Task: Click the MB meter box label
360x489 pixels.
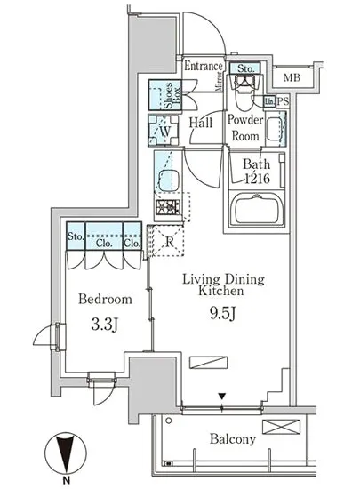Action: click(x=292, y=77)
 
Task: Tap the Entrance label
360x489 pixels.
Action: click(x=204, y=66)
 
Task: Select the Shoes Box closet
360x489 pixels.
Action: click(x=164, y=95)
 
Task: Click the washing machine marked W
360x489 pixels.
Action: click(x=164, y=131)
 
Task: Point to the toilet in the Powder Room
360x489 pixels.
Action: click(x=244, y=92)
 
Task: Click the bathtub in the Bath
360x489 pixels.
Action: click(x=257, y=209)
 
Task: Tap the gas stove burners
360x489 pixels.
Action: click(x=168, y=207)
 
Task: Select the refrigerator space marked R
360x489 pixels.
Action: click(x=168, y=240)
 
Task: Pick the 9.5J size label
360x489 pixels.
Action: click(x=222, y=313)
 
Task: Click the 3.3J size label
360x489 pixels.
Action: click(x=105, y=325)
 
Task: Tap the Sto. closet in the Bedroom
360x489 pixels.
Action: click(x=76, y=236)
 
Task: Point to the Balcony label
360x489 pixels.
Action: click(x=233, y=439)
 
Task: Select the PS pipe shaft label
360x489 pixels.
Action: click(x=283, y=101)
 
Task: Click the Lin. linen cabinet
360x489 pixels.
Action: click(x=269, y=101)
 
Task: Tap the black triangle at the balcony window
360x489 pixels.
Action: click(x=221, y=397)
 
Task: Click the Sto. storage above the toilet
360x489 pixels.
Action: click(x=245, y=68)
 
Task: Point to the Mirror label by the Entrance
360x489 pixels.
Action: click(x=220, y=82)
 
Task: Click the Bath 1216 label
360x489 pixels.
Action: click(x=257, y=172)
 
